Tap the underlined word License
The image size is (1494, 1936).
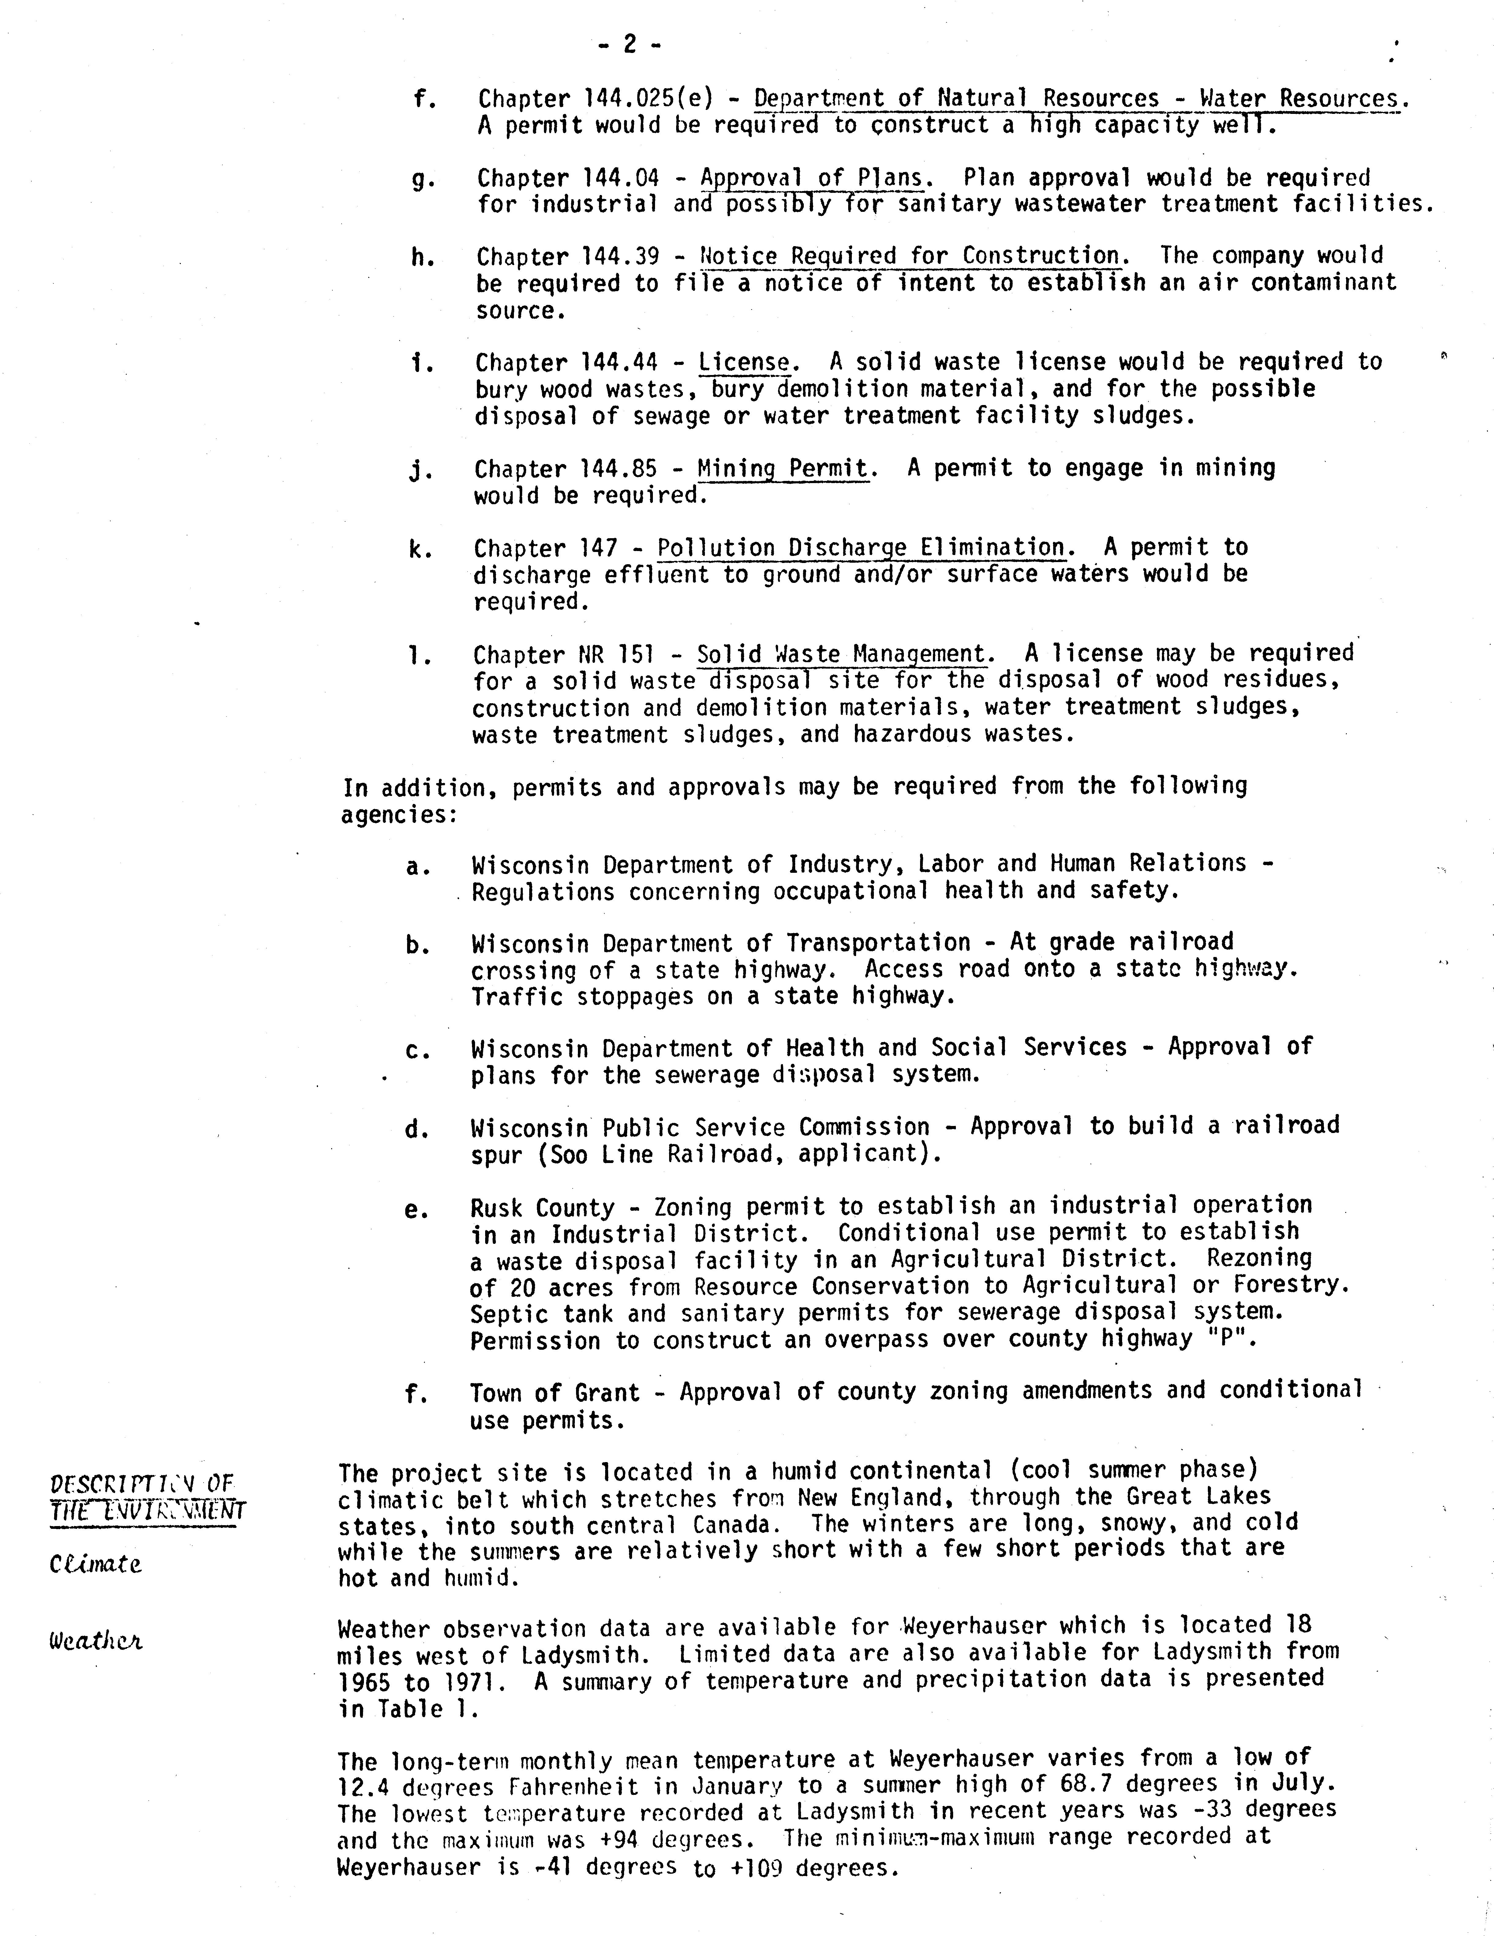point(743,362)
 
